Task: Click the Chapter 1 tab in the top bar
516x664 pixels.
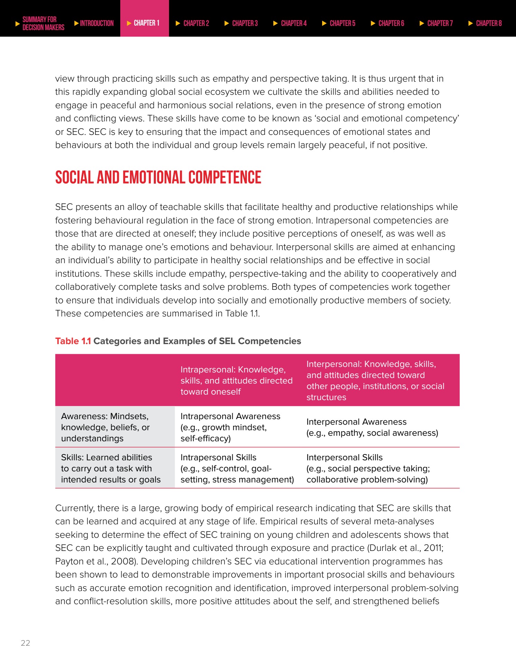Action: click(144, 23)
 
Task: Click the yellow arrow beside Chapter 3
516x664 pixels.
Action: click(227, 24)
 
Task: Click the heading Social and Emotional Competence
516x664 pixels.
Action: click(158, 177)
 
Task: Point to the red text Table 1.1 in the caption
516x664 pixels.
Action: click(73, 341)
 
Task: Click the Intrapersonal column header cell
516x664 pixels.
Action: click(236, 380)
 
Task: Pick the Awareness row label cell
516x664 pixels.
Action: click(105, 427)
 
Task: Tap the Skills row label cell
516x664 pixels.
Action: click(111, 468)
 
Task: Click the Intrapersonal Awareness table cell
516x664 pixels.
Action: click(230, 427)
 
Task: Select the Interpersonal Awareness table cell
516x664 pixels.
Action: click(372, 427)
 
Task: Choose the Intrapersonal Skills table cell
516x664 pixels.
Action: click(237, 468)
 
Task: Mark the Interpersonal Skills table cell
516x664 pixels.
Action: click(368, 468)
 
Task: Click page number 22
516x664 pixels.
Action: click(26, 643)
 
